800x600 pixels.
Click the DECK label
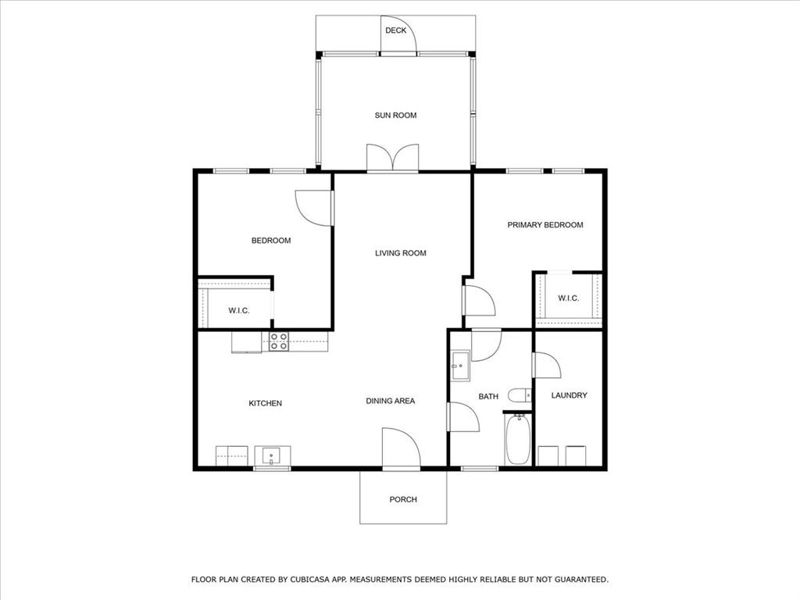395,31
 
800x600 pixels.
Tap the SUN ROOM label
395,116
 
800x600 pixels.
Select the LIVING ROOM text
400,253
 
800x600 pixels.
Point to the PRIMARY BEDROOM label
545,225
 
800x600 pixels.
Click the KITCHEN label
265,403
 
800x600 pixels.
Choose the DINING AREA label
391,401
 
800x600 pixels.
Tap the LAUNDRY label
569,395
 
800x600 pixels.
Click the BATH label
488,397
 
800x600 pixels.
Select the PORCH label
403,499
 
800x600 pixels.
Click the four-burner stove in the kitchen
279,341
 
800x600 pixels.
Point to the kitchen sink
271,455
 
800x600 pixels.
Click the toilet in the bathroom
520,395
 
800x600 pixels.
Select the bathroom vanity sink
459,366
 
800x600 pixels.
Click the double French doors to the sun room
392,158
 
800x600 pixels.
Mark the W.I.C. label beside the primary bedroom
568,298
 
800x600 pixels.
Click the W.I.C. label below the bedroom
238,311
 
